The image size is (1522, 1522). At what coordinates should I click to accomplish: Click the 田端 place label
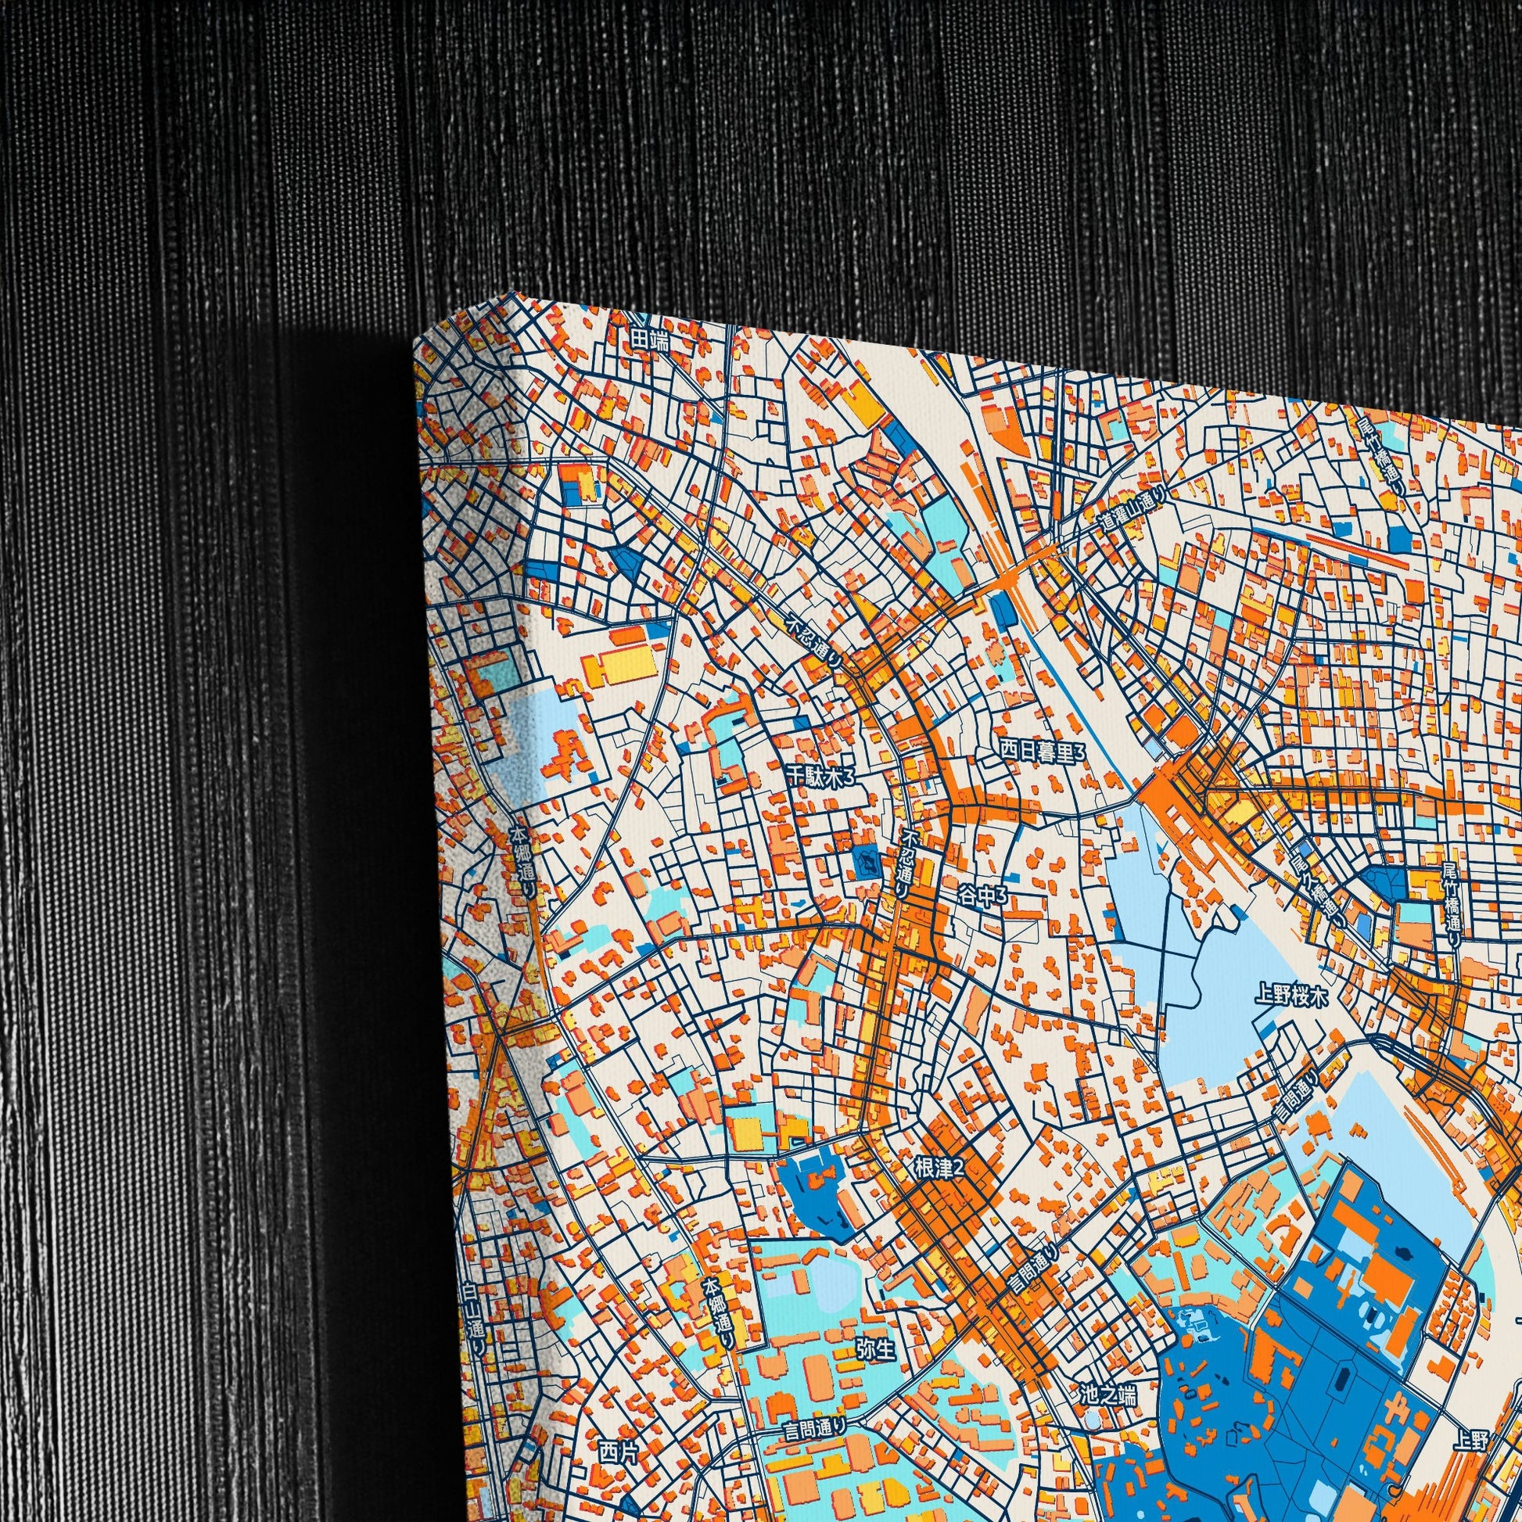(648, 339)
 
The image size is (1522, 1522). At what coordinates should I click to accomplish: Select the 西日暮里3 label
(1042, 752)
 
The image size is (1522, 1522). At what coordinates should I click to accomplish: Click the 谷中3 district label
(982, 894)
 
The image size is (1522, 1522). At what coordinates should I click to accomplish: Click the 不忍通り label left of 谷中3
(907, 860)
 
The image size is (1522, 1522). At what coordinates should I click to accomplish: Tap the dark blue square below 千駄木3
(866, 865)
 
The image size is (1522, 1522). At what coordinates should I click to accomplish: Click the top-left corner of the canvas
(415, 343)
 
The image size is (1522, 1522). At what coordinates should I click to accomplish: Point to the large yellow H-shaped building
(621, 667)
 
